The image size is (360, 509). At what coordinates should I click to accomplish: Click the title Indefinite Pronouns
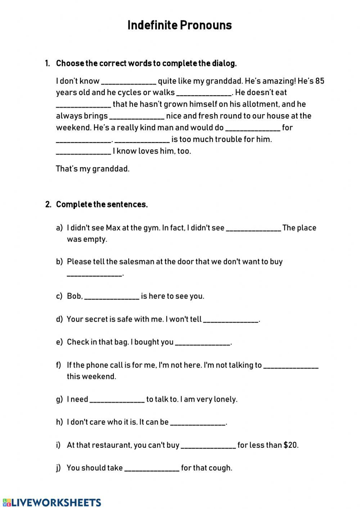pos(180,25)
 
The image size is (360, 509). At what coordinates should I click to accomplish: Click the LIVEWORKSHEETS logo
pos(52,503)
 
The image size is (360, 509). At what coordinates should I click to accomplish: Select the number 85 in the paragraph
pos(320,81)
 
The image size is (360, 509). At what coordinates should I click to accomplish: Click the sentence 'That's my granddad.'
pos(93,169)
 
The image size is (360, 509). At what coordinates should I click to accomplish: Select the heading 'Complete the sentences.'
pos(102,205)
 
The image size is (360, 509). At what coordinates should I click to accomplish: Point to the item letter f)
pos(59,365)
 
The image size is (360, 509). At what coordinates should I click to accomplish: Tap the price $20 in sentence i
pos(291,445)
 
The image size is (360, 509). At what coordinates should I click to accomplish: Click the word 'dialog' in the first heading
pos(225,63)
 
